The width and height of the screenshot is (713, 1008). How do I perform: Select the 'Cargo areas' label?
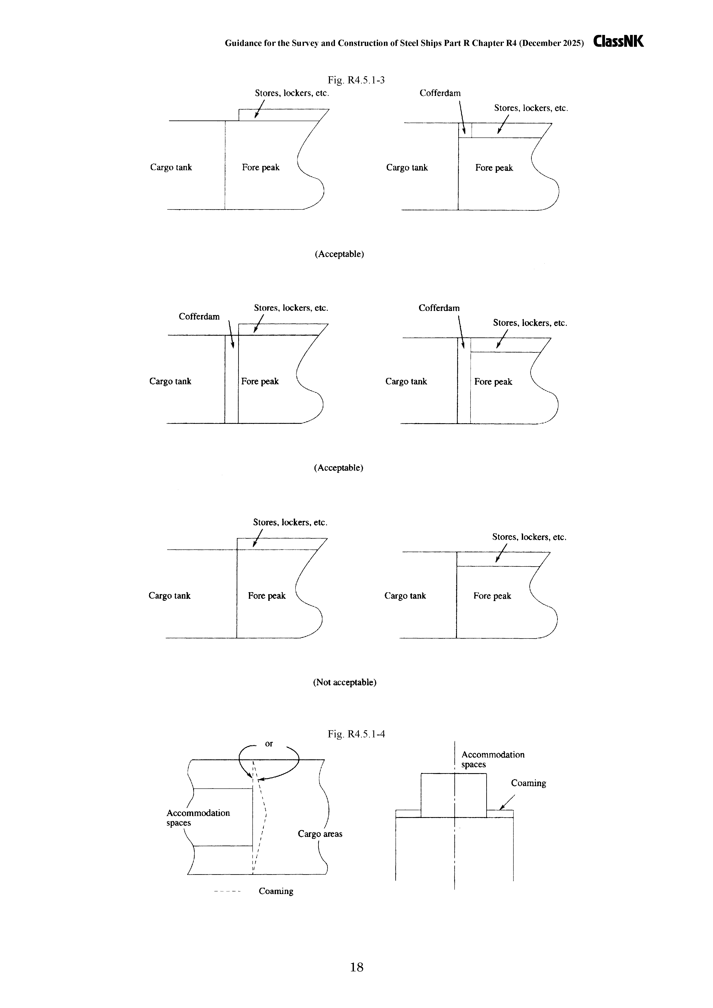click(320, 834)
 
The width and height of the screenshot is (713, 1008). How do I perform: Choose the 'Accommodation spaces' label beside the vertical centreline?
click(493, 760)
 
